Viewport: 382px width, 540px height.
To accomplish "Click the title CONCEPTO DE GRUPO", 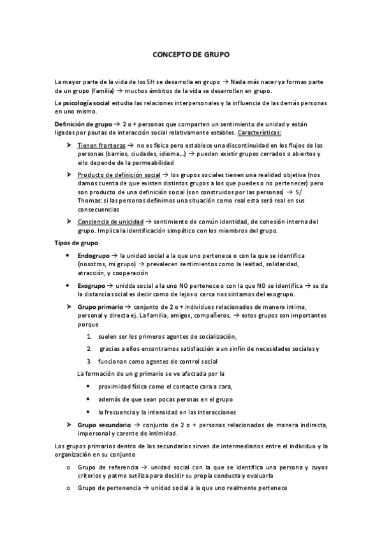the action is coord(191,55).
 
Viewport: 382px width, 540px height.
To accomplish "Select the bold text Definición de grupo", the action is coord(82,123).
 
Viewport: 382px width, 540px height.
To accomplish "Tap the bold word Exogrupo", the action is coord(92,286).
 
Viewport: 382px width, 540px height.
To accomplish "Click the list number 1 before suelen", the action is coord(89,336).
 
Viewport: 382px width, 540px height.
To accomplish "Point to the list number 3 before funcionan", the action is coord(89,360).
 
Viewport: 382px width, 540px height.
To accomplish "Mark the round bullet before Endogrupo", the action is coord(69,255).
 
